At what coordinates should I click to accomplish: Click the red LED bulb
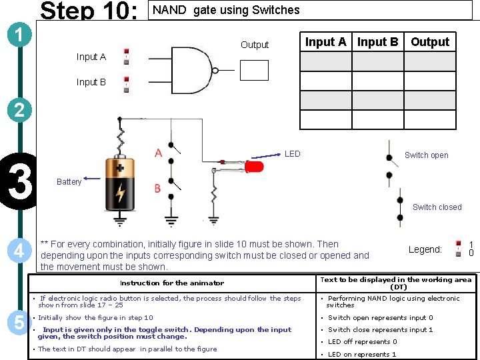coord(254,166)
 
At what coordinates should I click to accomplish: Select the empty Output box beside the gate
coord(254,70)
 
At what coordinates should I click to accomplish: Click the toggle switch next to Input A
coord(125,57)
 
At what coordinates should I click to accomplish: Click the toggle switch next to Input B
coord(125,83)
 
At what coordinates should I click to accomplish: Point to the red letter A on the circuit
coord(158,153)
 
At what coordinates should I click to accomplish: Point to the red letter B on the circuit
coord(157,189)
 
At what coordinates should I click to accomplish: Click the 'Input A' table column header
coord(325,42)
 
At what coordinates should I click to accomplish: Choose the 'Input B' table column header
coord(377,42)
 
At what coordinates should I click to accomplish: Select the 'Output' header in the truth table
coord(430,42)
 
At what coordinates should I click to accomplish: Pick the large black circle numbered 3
coord(17,183)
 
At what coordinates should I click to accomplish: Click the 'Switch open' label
coord(426,155)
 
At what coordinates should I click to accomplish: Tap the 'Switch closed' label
coord(437,207)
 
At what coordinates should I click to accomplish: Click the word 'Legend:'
coord(425,249)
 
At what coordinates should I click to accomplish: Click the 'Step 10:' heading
coord(89,11)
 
